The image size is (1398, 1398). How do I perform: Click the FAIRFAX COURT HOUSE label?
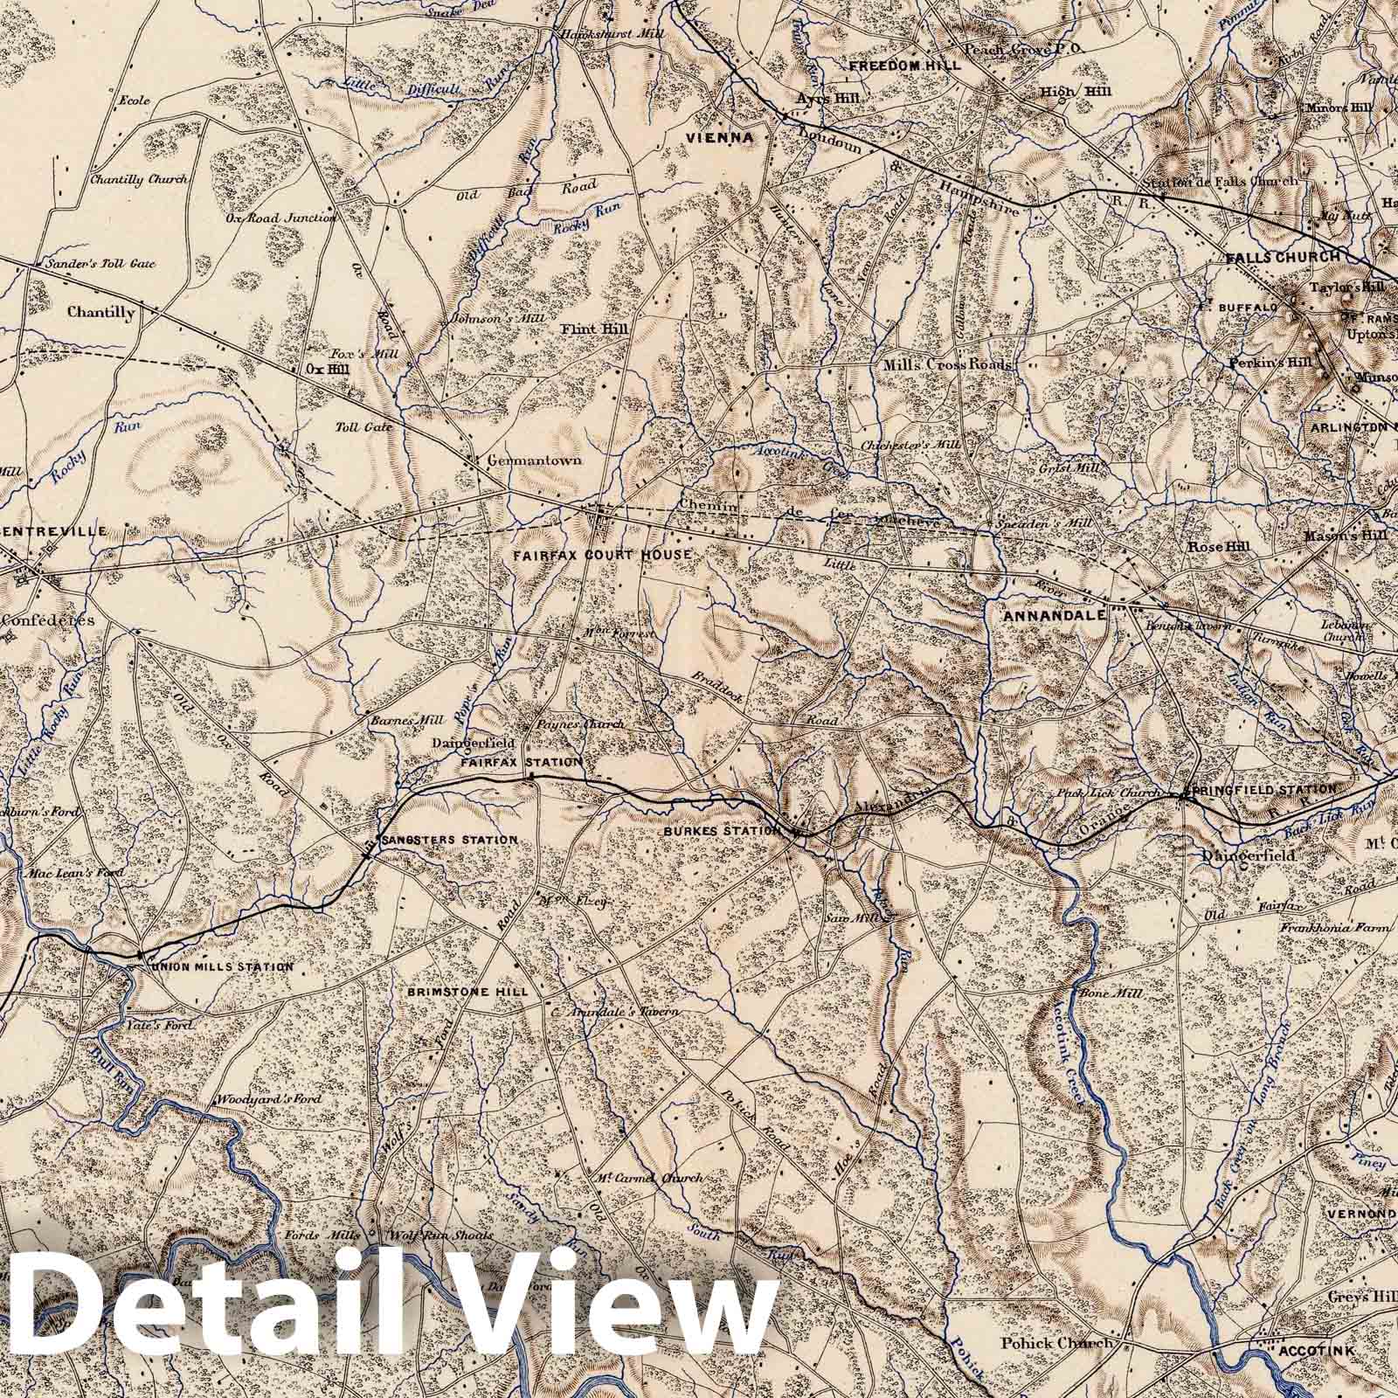coord(602,555)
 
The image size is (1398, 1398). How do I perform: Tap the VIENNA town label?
coord(720,137)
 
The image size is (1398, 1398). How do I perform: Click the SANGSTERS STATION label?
coord(449,840)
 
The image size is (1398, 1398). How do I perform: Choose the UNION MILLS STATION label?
coord(222,967)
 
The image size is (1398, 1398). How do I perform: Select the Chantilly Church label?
coord(139,179)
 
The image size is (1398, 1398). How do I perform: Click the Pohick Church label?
coord(1056,1368)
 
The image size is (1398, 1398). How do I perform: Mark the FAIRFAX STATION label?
coord(521,762)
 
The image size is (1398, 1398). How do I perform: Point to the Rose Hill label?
coord(1219,546)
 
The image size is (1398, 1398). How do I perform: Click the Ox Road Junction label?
coord(288,218)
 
